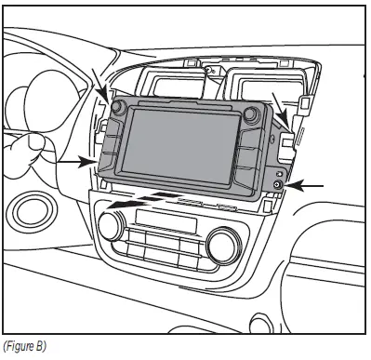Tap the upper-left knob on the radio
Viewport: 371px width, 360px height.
(x=118, y=108)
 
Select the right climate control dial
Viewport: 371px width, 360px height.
(x=224, y=245)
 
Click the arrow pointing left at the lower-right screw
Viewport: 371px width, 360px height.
(x=308, y=186)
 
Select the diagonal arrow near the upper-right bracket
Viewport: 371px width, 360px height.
(x=279, y=104)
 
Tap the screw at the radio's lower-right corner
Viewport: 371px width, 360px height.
(x=277, y=186)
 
